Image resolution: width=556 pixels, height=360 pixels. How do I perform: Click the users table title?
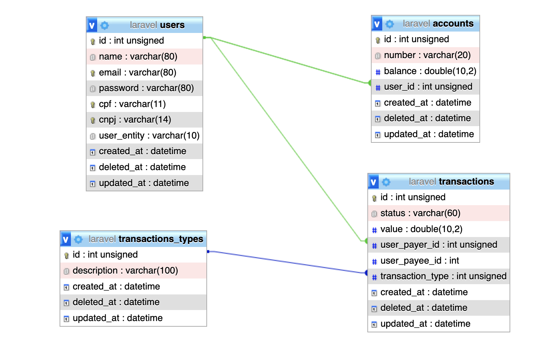tap(157, 25)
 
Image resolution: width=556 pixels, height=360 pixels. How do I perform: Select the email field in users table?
tap(138, 72)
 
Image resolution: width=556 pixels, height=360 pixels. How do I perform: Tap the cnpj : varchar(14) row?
tap(135, 120)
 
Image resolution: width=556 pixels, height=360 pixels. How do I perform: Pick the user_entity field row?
tap(149, 136)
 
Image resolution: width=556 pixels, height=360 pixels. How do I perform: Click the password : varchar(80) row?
tap(146, 88)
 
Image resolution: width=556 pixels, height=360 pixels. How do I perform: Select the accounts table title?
tap(438, 24)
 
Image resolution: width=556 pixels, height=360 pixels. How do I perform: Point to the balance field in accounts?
tap(430, 71)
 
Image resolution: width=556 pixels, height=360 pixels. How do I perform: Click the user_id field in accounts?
tap(428, 87)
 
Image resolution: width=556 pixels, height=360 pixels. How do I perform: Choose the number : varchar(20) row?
tap(427, 55)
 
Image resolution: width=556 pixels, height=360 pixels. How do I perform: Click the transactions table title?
tap(451, 182)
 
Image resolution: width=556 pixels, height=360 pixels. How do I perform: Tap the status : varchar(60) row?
tap(420, 213)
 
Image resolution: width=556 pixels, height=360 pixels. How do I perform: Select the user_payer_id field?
tap(439, 245)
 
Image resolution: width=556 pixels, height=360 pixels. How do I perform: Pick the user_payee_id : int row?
tap(419, 261)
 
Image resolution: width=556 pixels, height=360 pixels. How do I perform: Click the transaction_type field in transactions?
tap(443, 276)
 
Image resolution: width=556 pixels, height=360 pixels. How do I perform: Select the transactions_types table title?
tap(146, 239)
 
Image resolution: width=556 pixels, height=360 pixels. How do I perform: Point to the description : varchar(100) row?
tap(125, 271)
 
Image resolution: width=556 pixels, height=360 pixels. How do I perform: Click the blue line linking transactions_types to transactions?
tap(287, 262)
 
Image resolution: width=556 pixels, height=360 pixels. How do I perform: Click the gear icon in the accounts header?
tap(390, 24)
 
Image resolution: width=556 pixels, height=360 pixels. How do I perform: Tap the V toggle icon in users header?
tap(92, 25)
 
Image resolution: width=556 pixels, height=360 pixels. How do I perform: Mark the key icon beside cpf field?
tap(93, 105)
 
